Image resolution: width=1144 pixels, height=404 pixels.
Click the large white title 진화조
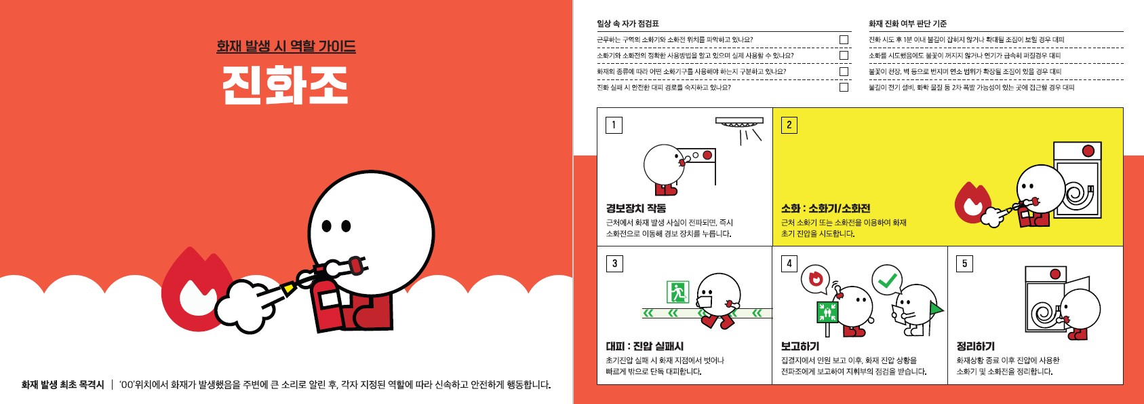(285, 85)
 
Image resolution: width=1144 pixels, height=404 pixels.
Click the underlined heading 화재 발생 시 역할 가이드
(286, 47)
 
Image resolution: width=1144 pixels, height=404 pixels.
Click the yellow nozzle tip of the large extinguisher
(289, 289)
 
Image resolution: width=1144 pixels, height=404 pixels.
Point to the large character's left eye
(327, 225)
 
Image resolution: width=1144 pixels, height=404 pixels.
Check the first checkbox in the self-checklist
(844, 39)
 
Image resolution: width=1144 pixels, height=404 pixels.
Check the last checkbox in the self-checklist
(844, 87)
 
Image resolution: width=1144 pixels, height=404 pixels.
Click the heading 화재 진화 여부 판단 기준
(907, 24)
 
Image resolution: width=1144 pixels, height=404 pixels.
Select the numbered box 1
(614, 125)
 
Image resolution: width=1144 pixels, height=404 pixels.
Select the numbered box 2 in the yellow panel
(789, 125)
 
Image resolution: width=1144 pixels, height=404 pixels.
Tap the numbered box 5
(964, 263)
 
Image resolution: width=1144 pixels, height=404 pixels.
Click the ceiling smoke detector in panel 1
(739, 122)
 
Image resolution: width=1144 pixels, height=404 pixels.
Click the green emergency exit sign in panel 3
(678, 291)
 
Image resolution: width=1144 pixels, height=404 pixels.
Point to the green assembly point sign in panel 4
(827, 312)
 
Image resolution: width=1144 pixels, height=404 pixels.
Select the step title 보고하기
(800, 346)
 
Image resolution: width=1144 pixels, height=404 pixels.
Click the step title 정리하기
(975, 346)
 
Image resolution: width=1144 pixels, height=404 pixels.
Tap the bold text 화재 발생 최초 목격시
(62, 384)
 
